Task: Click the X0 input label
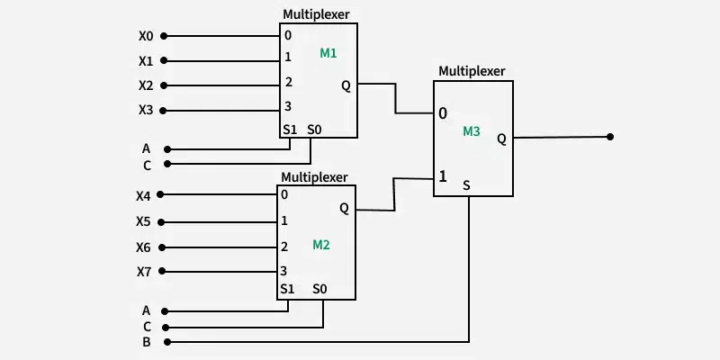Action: click(146, 37)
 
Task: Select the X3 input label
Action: click(146, 111)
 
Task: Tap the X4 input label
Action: click(144, 195)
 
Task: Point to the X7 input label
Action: click(144, 272)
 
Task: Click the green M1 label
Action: click(328, 54)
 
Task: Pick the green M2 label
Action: click(321, 245)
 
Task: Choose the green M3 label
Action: click(472, 131)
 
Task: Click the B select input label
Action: click(146, 342)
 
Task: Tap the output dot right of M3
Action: click(610, 137)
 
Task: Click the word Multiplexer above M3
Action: click(472, 70)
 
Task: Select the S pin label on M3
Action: click(466, 185)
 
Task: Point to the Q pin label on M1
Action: click(346, 86)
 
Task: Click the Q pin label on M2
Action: click(344, 208)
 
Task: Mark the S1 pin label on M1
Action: click(290, 130)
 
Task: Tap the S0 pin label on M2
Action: click(320, 289)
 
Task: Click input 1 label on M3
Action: click(442, 176)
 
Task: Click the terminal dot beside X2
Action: click(165, 86)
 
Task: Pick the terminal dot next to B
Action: click(165, 342)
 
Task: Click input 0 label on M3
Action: click(442, 114)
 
